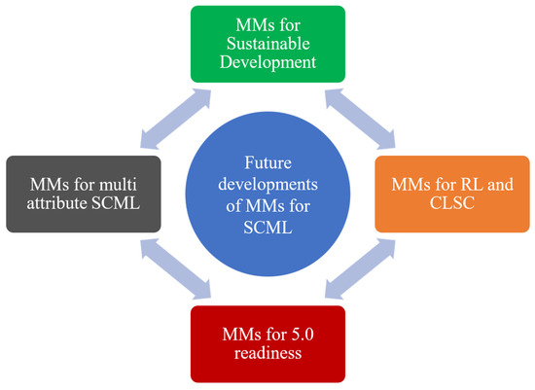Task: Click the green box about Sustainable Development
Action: [x=267, y=43]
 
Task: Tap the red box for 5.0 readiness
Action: [x=267, y=343]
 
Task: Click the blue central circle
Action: [x=267, y=193]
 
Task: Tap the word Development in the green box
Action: [x=267, y=62]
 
